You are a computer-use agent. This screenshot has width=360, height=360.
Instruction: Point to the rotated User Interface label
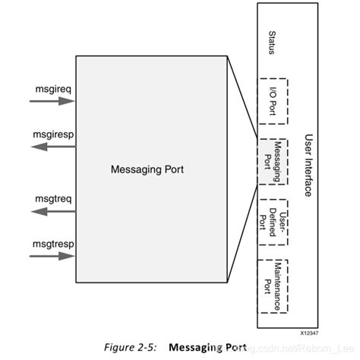pyautogui.click(x=308, y=165)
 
